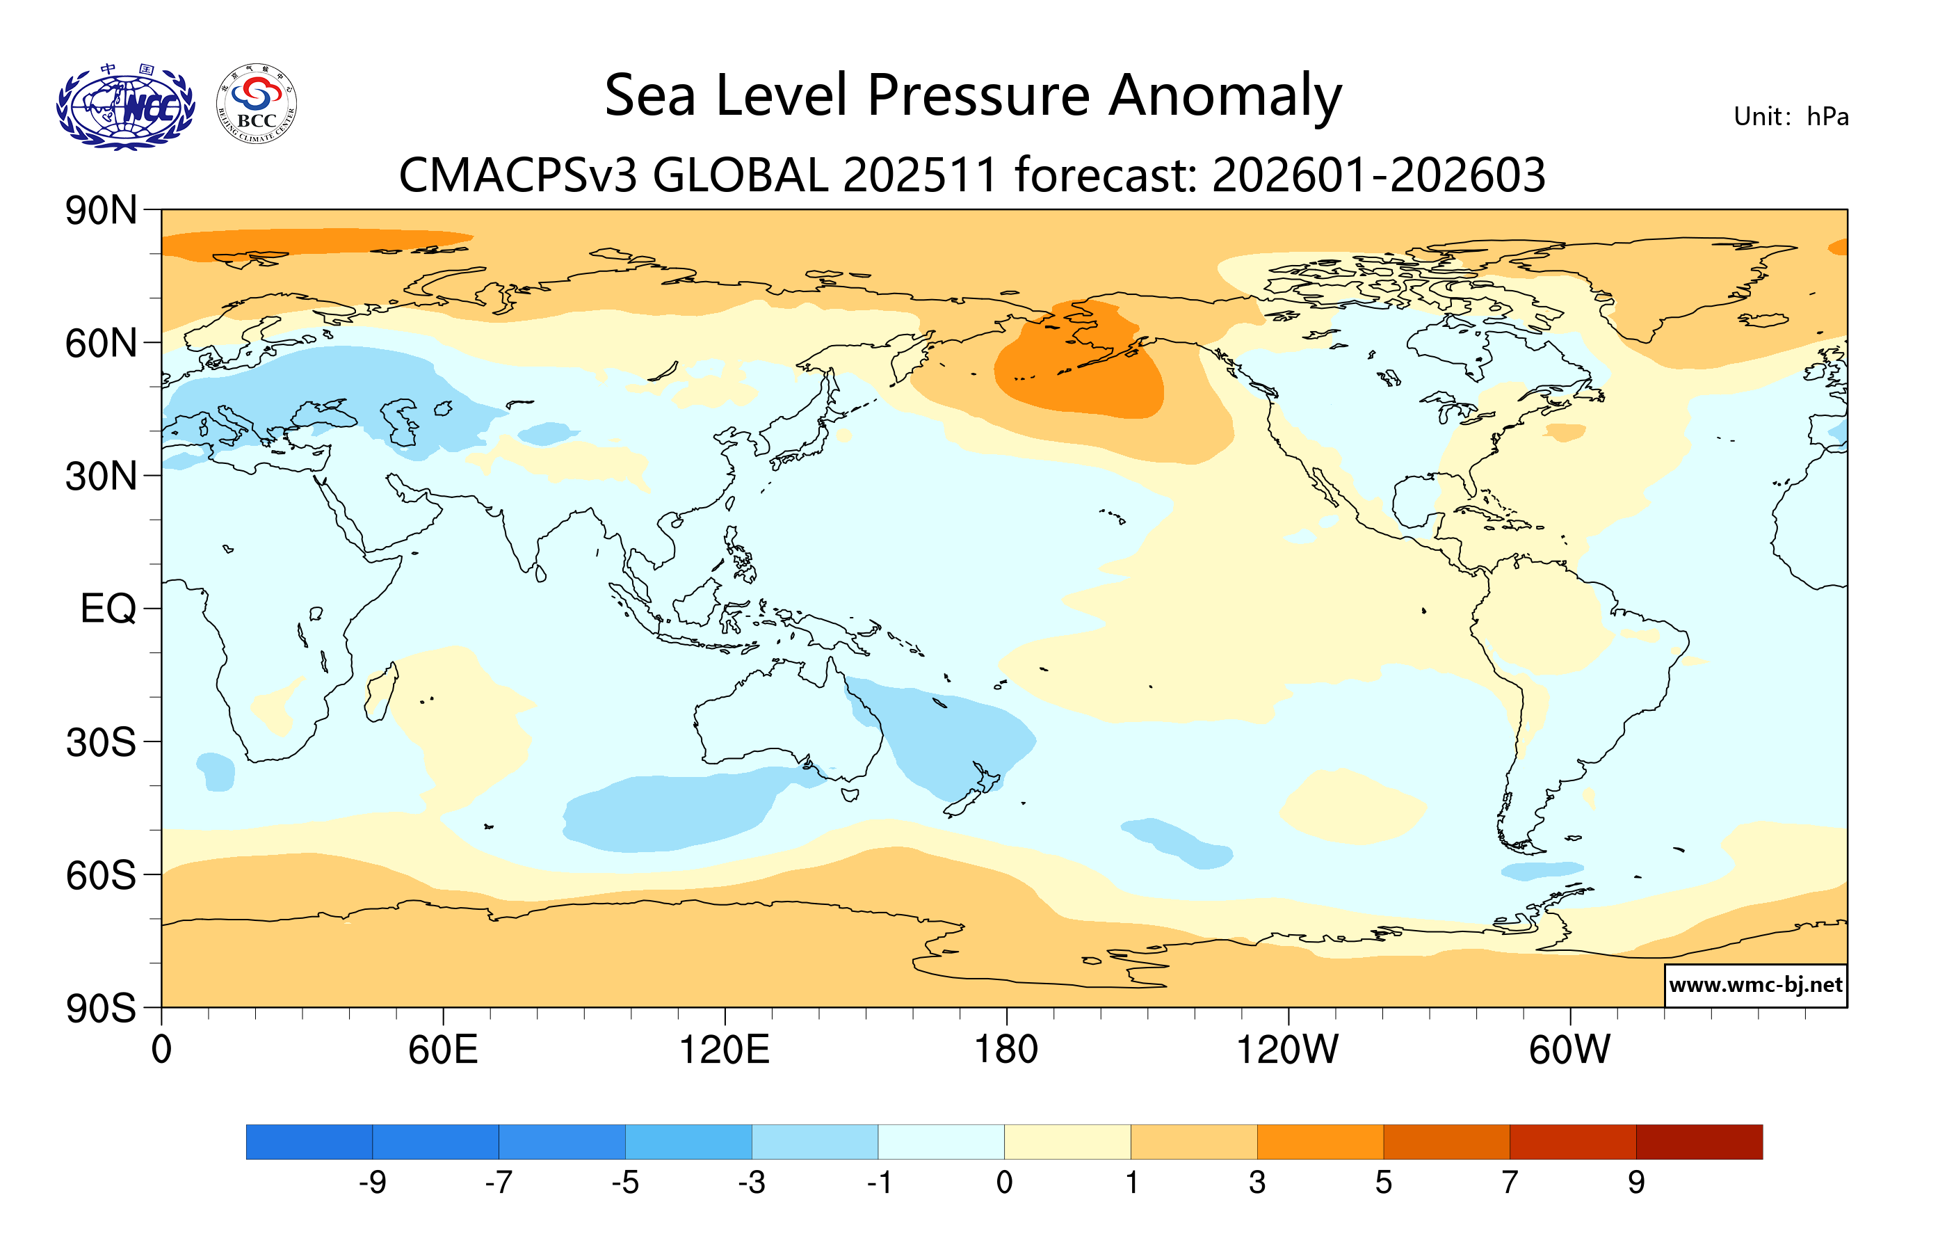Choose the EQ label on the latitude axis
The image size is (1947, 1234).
[x=108, y=609]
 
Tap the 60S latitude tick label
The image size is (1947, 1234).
[x=101, y=876]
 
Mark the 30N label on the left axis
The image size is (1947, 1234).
[x=101, y=477]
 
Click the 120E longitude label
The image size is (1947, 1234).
[x=724, y=1050]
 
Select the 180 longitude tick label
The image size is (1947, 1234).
[x=1006, y=1050]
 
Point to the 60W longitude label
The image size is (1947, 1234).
[x=1569, y=1050]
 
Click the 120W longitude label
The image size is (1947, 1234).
[x=1287, y=1050]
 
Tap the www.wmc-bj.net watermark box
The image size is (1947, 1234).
[x=1755, y=985]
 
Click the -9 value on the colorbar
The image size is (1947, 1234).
[x=373, y=1183]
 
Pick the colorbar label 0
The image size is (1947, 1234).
[x=1004, y=1183]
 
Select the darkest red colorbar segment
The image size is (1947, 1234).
[x=1699, y=1141]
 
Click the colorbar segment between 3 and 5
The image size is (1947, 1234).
[x=1320, y=1141]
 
